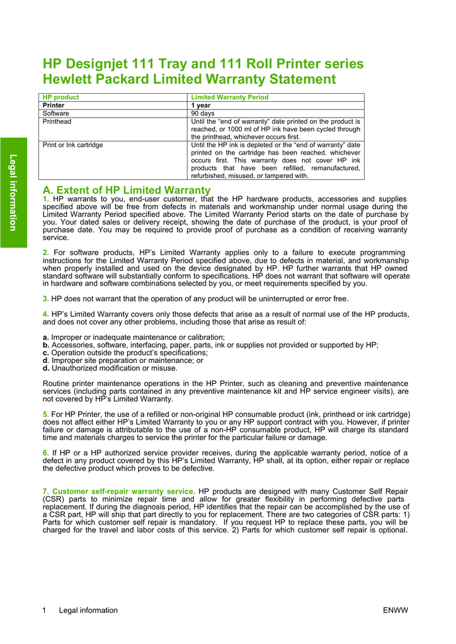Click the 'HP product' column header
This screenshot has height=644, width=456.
60,97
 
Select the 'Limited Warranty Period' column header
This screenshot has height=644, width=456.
229,97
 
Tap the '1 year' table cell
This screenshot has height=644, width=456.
201,106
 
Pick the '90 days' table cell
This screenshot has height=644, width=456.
203,114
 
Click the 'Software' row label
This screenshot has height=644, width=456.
56,114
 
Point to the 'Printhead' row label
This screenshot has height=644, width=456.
57,121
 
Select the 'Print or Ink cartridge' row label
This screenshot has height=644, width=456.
72,145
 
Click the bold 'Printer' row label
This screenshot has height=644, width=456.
54,106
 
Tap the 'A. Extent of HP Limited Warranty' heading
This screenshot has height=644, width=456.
126,190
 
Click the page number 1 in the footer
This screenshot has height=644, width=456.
44,610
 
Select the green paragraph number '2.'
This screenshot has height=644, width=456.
46,253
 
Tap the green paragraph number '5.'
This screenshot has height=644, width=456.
46,414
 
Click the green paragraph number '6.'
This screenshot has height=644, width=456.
46,453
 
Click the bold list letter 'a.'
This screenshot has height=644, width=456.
46,338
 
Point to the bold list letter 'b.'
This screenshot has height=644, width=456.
46,345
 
